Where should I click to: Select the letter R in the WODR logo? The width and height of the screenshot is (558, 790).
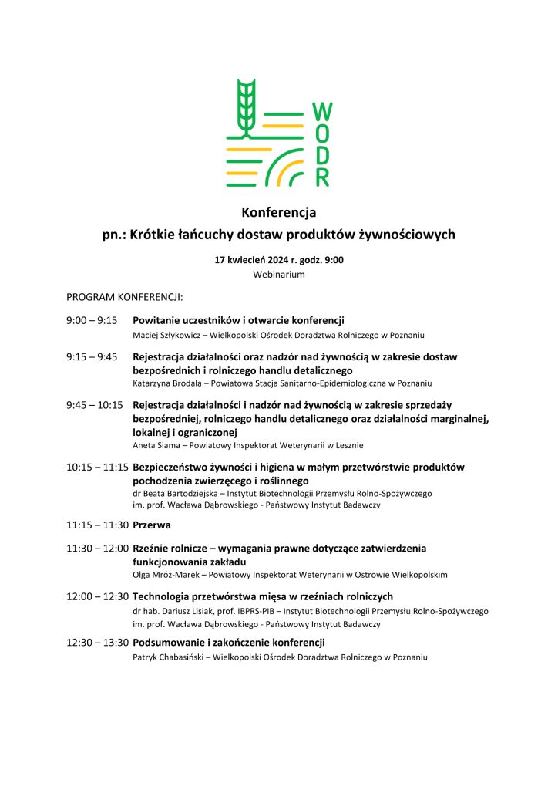(x=323, y=177)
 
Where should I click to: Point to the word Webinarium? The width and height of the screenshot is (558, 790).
(x=279, y=274)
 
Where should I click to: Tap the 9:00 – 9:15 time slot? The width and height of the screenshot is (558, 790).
(x=91, y=320)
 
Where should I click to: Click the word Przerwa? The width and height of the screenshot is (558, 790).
(x=152, y=525)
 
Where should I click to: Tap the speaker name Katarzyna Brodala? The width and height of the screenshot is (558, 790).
(x=166, y=383)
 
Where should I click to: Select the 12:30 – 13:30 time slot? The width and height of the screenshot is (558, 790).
(x=97, y=643)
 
